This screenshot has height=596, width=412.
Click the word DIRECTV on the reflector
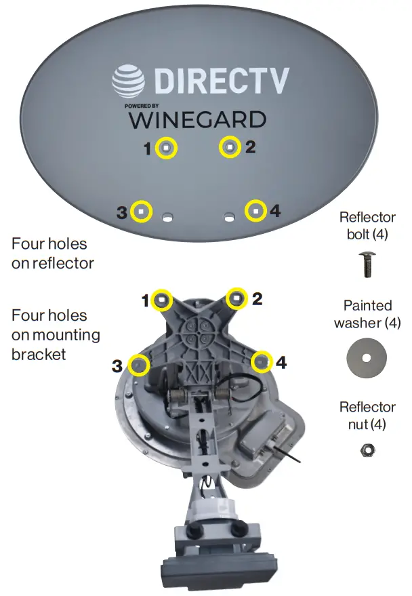pos(222,81)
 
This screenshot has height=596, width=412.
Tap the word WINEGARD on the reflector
pos(197,120)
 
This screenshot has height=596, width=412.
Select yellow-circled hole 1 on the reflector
pos(167,148)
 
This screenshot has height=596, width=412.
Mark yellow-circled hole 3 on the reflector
pos(141,212)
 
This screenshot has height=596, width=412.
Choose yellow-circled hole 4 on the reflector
pos(255,212)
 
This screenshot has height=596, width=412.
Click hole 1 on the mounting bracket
pos(163,300)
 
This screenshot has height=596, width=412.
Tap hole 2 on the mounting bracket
pos(237,298)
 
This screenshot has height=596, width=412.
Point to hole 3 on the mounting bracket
pos(138,365)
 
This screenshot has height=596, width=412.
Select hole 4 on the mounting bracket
pos(262,362)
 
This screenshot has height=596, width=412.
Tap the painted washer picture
pos(367,357)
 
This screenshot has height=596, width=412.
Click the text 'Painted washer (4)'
pos(367,314)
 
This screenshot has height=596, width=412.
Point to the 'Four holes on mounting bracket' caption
pos(56,334)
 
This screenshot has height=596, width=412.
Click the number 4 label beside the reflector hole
pos(274,212)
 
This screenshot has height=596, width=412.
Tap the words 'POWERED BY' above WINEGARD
pos(142,106)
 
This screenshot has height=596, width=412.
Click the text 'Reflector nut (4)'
pos(367,416)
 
